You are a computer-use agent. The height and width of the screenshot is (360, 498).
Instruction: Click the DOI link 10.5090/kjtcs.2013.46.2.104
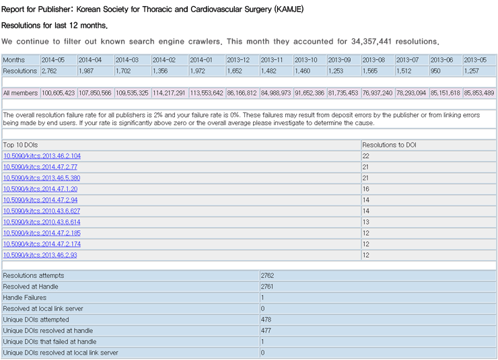pos(42,156)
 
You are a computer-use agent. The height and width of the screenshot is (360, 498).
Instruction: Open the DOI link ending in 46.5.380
pos(42,178)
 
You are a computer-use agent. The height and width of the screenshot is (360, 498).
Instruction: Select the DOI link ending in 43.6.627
pos(42,211)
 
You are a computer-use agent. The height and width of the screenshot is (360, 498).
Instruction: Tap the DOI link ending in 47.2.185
pos(42,233)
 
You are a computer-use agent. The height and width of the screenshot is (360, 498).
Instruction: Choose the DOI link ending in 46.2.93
pos(40,255)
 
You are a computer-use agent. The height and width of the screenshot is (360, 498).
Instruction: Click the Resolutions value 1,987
pos(85,71)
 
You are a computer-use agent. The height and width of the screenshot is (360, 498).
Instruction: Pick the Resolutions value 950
pos(435,71)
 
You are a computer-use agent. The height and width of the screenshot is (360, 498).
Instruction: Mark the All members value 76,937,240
pos(378,93)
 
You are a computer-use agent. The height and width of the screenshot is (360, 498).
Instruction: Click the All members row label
pos(20,93)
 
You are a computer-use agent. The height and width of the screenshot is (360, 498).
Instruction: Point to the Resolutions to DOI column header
pos(389,145)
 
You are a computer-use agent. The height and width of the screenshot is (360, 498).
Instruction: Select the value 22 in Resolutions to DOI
pos(366,156)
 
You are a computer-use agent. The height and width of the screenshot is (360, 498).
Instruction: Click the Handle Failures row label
pos(25,297)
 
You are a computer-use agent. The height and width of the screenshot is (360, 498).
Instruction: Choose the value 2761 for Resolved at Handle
pos(267,287)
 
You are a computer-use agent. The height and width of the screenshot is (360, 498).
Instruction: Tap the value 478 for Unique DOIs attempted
pos(266,320)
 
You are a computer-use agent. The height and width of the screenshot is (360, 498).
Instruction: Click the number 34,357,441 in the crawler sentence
pos(371,42)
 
